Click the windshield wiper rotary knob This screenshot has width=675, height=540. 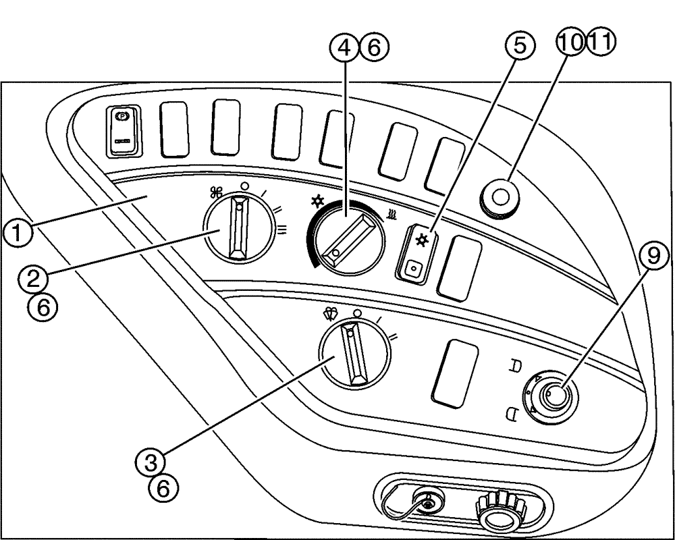tap(354, 353)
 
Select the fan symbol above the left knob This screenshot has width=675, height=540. tap(216, 192)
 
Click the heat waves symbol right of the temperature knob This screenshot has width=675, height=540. tap(391, 215)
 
